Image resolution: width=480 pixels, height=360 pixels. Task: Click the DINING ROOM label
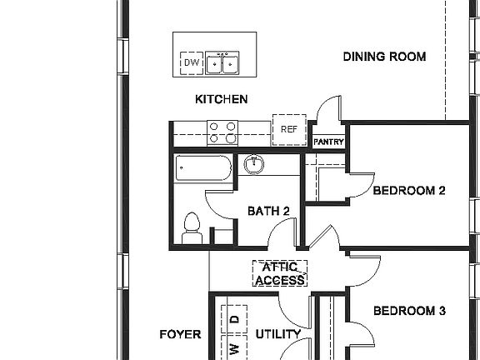(385, 57)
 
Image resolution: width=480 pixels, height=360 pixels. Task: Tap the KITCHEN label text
(221, 99)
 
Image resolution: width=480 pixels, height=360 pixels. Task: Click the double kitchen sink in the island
(223, 62)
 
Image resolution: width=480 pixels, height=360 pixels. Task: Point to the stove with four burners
(222, 132)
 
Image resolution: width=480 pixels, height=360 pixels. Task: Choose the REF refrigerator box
(289, 129)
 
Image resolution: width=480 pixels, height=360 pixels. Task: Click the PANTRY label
(328, 142)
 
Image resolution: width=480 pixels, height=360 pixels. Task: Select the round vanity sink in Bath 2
(254, 164)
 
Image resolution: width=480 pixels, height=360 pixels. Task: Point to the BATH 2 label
(268, 211)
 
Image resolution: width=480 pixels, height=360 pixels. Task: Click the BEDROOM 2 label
(409, 190)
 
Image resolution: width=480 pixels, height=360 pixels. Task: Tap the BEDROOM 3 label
(409, 311)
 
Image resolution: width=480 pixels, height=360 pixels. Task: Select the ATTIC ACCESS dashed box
(280, 274)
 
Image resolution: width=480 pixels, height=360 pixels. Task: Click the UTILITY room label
(278, 334)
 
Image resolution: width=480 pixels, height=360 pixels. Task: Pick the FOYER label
(180, 334)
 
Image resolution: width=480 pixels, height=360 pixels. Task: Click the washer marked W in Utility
(234, 347)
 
